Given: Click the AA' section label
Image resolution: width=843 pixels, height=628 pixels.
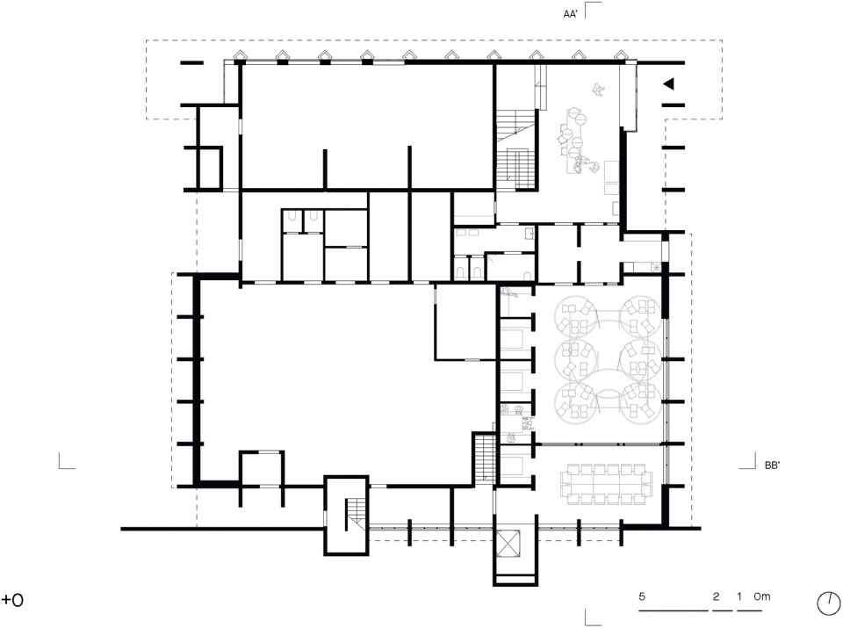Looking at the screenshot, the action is click(x=570, y=14).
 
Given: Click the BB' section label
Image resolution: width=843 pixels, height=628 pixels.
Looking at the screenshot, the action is click(x=772, y=466).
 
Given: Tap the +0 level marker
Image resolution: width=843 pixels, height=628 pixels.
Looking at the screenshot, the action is click(x=12, y=600).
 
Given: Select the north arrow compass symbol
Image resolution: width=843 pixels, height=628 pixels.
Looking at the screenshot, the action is click(x=828, y=603).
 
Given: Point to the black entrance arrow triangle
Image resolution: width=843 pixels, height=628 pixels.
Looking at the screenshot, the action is click(x=668, y=83).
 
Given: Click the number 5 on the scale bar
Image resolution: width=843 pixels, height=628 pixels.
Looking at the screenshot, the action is click(x=642, y=596).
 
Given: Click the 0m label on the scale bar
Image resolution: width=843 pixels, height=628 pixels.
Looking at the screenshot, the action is click(x=761, y=596).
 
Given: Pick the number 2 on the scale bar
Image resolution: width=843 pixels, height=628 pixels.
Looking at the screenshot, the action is click(x=717, y=596).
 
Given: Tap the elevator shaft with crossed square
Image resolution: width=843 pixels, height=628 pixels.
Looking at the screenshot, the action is click(x=508, y=543).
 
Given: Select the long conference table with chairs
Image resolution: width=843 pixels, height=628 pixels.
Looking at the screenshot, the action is click(x=606, y=484).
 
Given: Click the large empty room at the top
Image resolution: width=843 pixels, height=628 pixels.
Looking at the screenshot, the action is click(x=367, y=126).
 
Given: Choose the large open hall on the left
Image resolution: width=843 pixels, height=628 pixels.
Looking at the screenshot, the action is click(x=317, y=382).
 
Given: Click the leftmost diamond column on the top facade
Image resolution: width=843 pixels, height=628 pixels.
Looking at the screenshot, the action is click(x=239, y=56).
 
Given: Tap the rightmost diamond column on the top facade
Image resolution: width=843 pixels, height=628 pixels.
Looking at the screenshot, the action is click(x=621, y=56).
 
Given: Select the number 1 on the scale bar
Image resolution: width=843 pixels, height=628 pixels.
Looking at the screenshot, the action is click(x=740, y=596).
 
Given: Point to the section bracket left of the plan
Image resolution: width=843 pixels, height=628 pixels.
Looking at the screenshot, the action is click(x=67, y=461).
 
